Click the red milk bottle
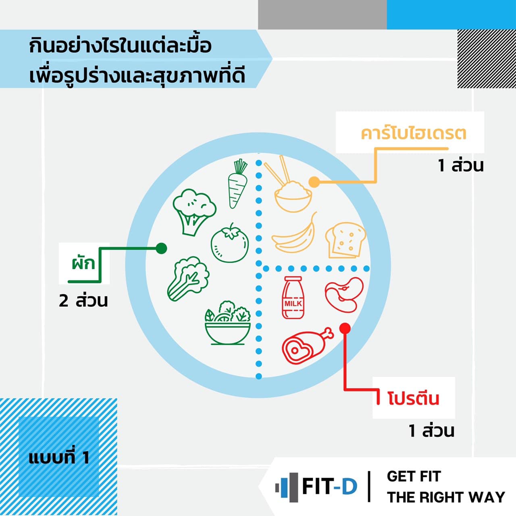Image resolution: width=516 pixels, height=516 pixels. (x=293, y=298)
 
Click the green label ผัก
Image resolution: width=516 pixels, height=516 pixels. (x=84, y=263)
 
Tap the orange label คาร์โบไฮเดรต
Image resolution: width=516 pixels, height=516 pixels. (x=414, y=133)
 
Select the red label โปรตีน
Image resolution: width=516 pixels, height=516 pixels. (x=413, y=398)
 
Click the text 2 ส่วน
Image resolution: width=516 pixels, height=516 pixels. (x=83, y=301)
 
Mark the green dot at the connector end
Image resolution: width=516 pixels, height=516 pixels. (x=161, y=248)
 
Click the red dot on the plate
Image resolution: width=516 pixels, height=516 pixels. (x=345, y=328)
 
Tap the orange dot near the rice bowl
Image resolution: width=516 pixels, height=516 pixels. (x=314, y=182)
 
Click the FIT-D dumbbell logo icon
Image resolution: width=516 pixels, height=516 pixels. (x=286, y=487)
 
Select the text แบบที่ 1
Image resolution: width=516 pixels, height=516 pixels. (x=59, y=458)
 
